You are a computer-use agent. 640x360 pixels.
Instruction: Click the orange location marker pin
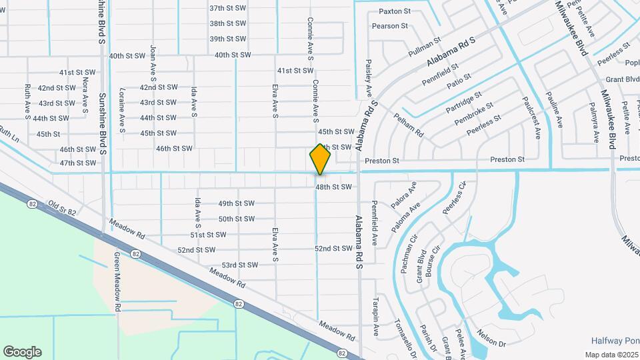(320, 159)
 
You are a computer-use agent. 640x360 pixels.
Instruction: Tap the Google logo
(22, 352)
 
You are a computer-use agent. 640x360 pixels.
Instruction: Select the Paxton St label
(395, 11)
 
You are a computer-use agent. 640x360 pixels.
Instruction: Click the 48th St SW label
(333, 187)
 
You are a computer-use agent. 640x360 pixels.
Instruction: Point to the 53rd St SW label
(240, 265)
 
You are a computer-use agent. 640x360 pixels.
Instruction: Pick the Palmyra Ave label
(593, 123)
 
